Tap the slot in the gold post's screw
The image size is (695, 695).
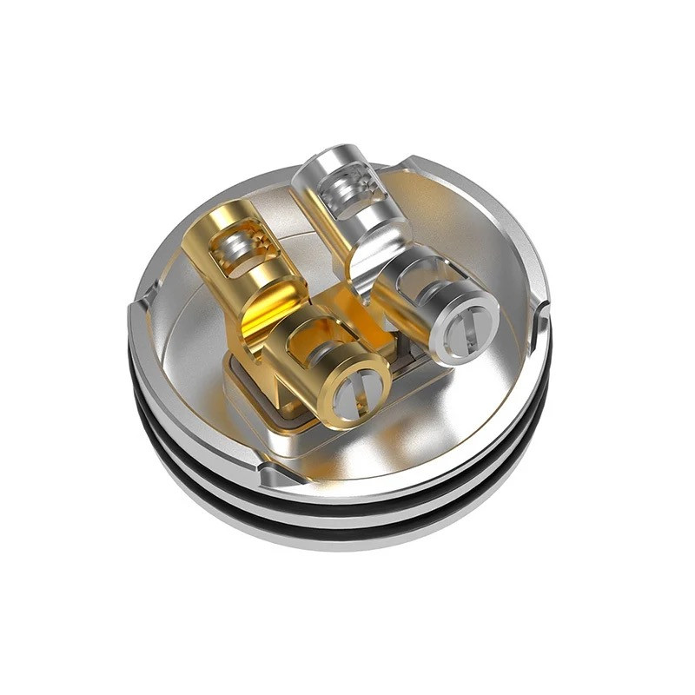[355, 397]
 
